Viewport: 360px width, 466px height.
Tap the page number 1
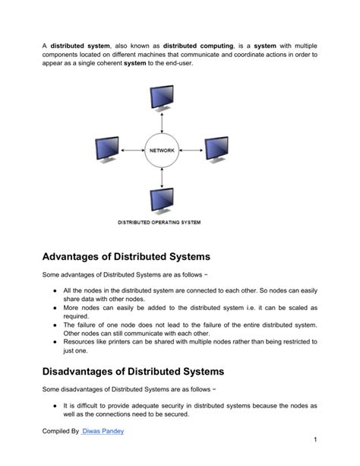click(x=314, y=441)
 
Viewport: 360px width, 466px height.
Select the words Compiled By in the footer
click(x=60, y=432)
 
